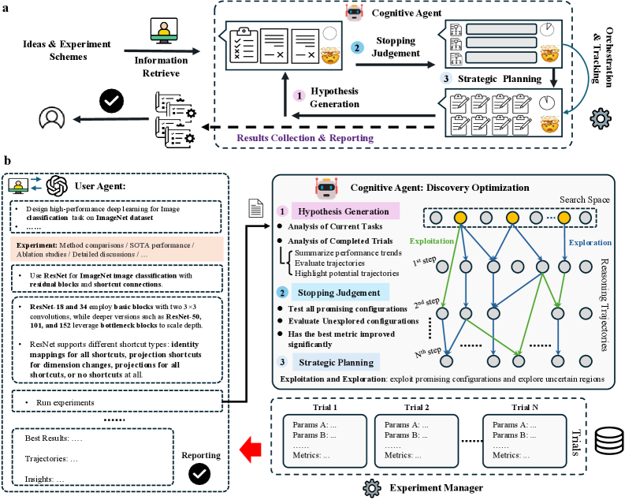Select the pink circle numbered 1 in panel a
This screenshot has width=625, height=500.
(x=299, y=95)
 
